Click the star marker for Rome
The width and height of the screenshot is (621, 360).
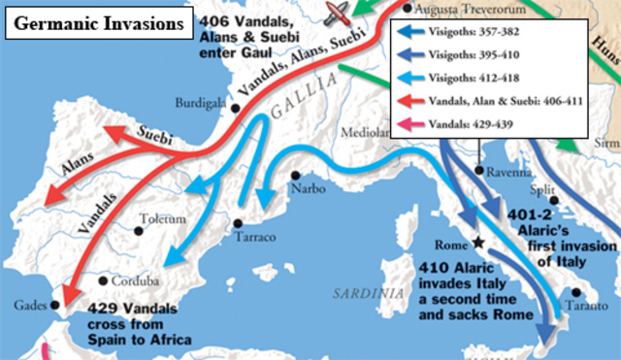(x=476, y=245)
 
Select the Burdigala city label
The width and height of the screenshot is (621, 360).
(x=202, y=102)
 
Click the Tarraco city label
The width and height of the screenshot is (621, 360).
(x=257, y=237)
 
